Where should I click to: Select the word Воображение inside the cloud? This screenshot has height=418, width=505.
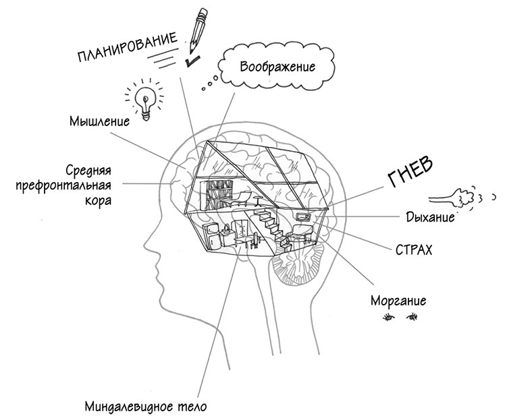pos(277,68)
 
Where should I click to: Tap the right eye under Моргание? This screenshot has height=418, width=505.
pos(412,316)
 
